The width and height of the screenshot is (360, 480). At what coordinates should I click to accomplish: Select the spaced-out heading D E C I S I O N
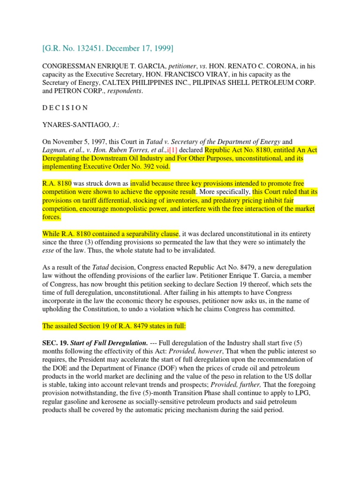pyautogui.click(x=65, y=107)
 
